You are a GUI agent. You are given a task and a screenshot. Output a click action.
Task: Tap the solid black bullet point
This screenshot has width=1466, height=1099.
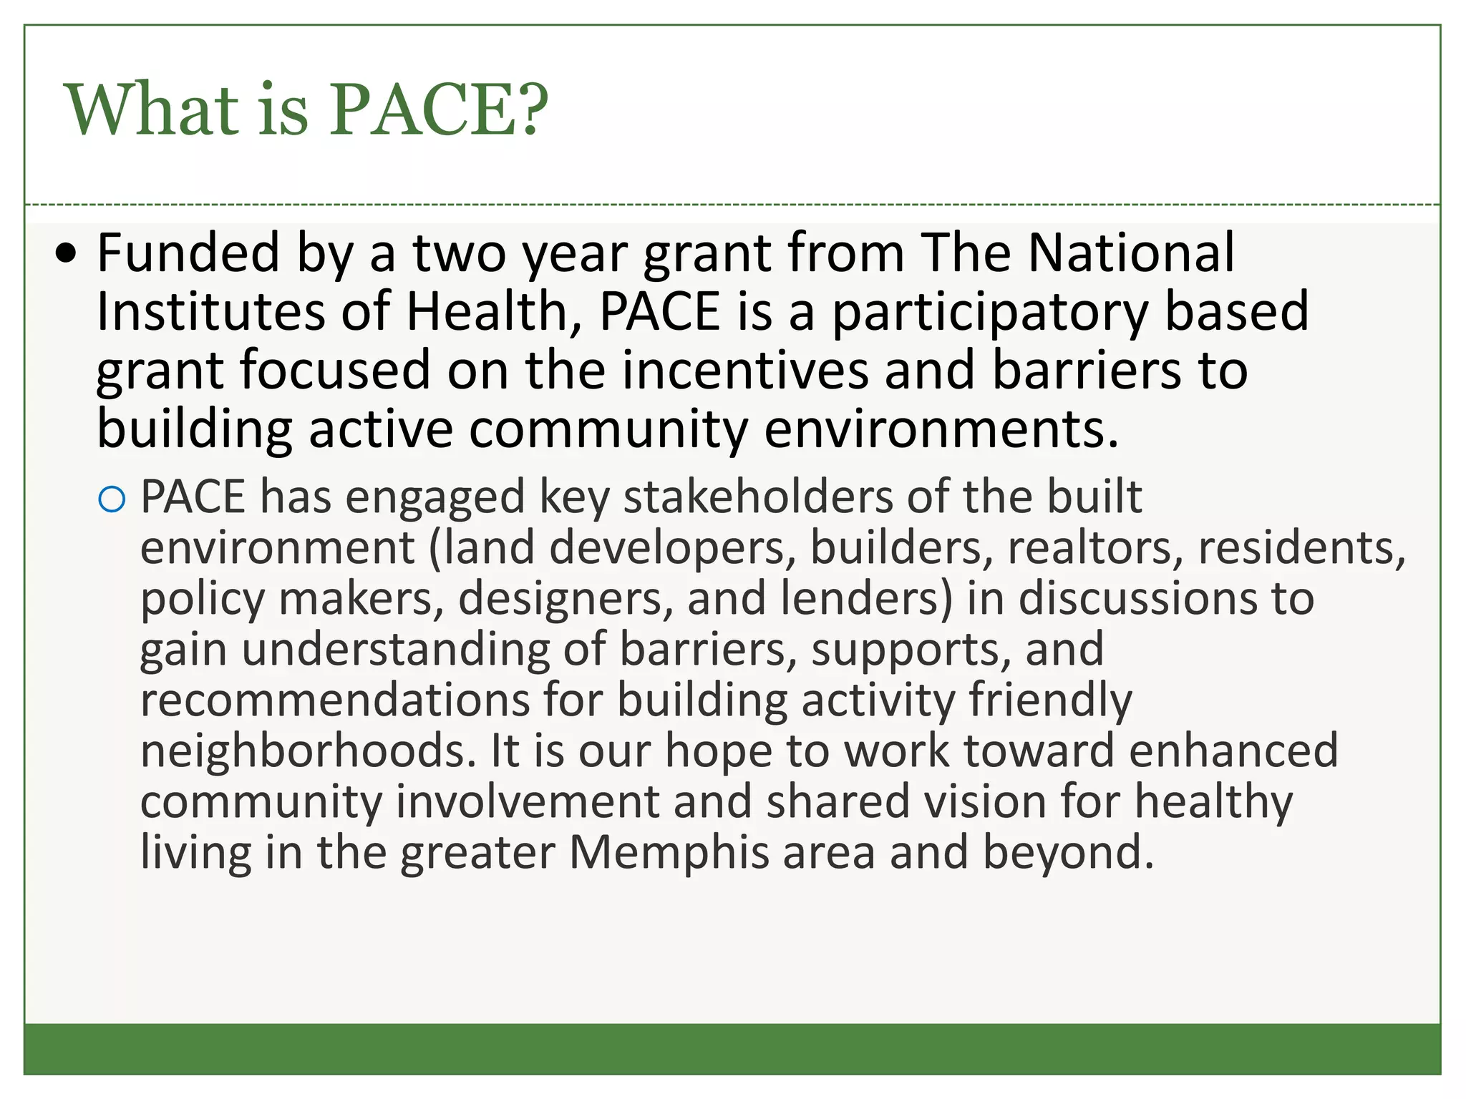pyautogui.click(x=67, y=253)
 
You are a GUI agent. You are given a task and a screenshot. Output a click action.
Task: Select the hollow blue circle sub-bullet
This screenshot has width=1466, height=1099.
pyautogui.click(x=112, y=499)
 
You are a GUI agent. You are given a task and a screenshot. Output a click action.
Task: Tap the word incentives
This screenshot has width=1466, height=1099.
pyautogui.click(x=744, y=371)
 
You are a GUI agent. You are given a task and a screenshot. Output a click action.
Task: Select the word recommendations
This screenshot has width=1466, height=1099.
pyautogui.click(x=334, y=700)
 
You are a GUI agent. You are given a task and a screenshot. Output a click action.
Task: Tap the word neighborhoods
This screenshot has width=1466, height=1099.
pyautogui.click(x=308, y=751)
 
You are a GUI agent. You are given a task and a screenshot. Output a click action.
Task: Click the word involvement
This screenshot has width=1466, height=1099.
pyautogui.click(x=527, y=801)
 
